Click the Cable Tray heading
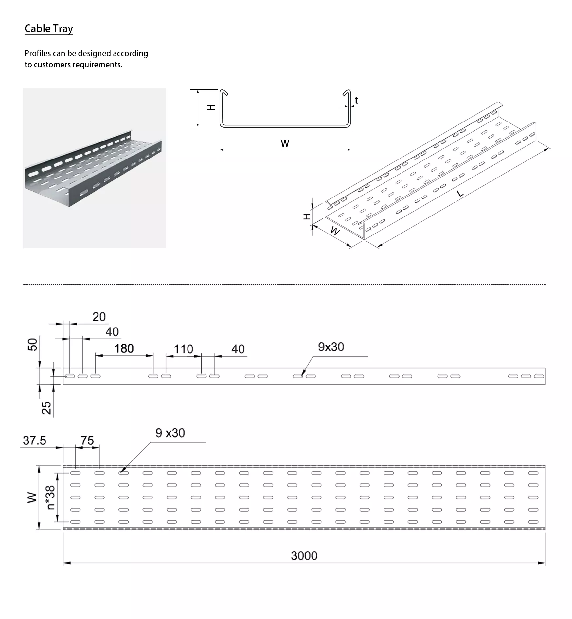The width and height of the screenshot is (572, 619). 49,29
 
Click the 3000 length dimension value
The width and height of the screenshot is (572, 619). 304,556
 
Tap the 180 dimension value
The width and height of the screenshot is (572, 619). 124,348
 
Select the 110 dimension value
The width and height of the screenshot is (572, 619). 183,349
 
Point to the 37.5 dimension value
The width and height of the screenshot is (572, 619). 34,441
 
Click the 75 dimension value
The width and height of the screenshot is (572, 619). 87,441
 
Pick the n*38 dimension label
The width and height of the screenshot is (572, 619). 51,497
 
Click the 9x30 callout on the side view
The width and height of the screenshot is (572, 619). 331,347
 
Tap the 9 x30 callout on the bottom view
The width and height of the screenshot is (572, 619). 170,433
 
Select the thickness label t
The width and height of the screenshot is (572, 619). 356,101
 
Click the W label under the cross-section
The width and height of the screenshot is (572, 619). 285,143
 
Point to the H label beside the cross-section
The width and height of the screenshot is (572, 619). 211,107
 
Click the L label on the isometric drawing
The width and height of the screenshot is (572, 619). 460,194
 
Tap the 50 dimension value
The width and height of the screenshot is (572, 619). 33,345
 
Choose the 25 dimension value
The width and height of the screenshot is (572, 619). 47,408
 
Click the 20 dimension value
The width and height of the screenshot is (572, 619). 99,317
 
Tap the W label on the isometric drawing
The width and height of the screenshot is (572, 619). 335,231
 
